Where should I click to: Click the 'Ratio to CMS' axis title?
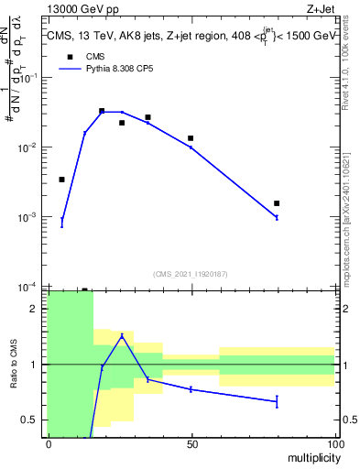(13, 365)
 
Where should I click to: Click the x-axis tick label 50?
(191, 442)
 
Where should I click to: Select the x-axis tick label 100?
(334, 442)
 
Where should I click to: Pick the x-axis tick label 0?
(48, 442)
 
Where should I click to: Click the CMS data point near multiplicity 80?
(277, 203)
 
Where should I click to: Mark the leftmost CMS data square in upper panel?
(61, 180)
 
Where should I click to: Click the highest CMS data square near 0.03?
(102, 111)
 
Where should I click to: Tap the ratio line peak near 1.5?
(122, 335)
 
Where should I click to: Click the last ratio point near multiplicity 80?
(277, 401)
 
